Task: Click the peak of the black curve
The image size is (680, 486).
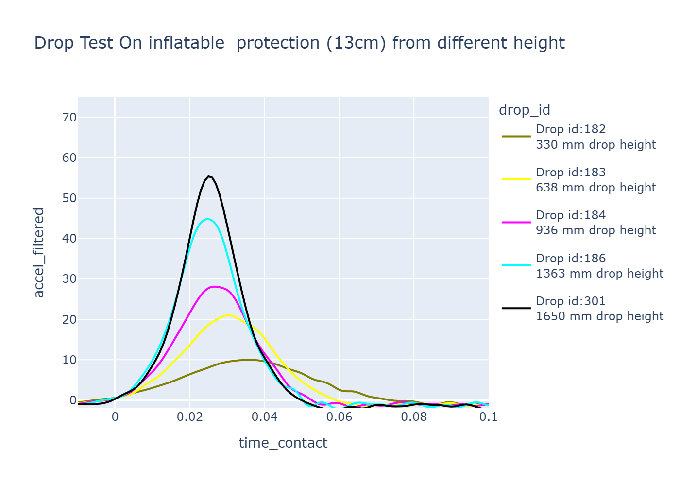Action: click(x=208, y=176)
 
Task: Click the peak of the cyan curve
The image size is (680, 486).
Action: click(x=207, y=219)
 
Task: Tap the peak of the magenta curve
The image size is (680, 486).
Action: click(x=214, y=286)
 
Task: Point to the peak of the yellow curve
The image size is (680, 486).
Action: click(x=228, y=315)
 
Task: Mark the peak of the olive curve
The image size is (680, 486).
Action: click(x=249, y=360)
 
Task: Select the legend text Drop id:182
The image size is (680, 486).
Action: click(x=571, y=129)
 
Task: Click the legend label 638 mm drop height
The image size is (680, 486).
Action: click(x=596, y=188)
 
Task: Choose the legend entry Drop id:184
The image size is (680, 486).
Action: click(x=571, y=215)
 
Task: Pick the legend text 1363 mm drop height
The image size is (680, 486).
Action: click(x=599, y=274)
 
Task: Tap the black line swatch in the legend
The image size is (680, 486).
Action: click(x=516, y=308)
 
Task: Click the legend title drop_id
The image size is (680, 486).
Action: click(x=525, y=110)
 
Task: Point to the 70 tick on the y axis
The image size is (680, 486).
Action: click(x=69, y=118)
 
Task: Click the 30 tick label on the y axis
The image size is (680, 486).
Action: click(x=69, y=279)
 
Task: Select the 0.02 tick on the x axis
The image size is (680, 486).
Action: click(x=190, y=417)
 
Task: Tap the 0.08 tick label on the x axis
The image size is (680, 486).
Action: click(x=414, y=417)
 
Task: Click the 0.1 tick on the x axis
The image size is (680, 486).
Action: click(x=489, y=417)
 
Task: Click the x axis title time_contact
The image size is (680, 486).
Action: click(x=283, y=443)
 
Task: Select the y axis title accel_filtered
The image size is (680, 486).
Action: click(x=39, y=253)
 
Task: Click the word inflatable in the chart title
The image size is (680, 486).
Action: click(x=186, y=43)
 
